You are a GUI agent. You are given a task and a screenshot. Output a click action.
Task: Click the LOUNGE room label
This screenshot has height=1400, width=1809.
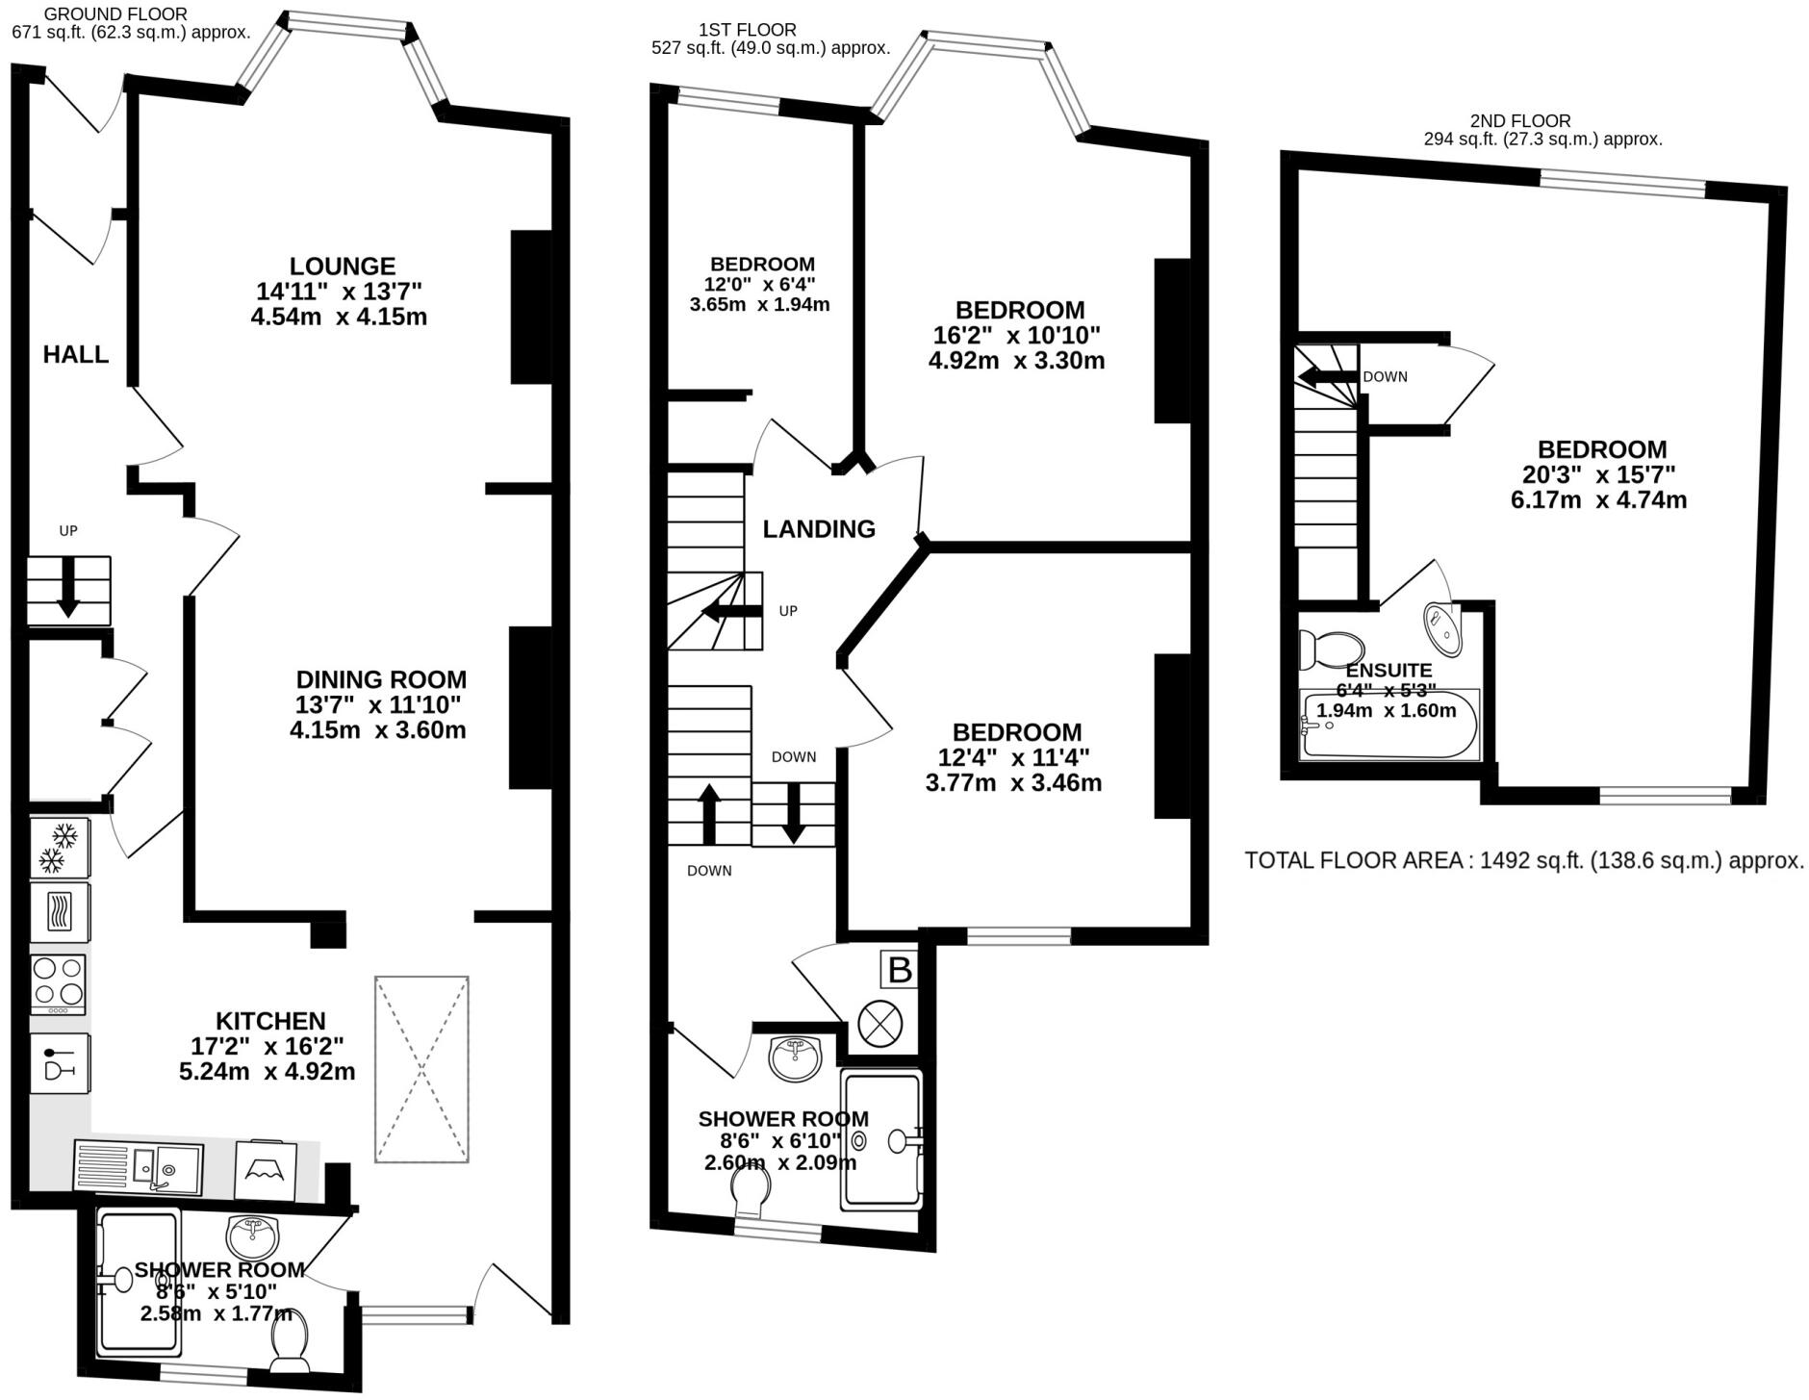tap(343, 267)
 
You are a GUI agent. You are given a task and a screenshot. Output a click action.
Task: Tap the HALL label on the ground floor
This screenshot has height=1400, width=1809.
tap(76, 355)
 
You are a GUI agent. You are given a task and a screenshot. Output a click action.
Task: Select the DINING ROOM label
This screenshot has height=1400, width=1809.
tap(381, 679)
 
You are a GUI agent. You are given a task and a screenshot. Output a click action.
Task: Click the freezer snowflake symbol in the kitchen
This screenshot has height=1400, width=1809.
tap(61, 847)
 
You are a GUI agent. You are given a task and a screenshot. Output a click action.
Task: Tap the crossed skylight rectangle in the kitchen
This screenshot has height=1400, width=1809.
tap(421, 1069)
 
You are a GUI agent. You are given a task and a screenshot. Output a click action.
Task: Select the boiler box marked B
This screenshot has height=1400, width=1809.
tap(900, 970)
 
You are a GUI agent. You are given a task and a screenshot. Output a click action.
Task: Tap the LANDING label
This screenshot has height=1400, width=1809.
tap(819, 529)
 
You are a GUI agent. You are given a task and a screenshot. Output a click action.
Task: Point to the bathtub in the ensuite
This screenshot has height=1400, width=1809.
tap(1389, 725)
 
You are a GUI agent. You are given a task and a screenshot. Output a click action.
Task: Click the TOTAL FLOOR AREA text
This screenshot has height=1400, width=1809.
tap(1523, 861)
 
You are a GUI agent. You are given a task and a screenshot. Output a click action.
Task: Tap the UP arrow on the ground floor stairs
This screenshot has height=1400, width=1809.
tap(68, 590)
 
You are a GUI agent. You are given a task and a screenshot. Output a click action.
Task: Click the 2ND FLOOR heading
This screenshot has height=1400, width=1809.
tap(1520, 121)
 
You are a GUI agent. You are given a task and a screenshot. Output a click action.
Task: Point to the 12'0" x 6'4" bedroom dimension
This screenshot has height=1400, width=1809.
tap(759, 285)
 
